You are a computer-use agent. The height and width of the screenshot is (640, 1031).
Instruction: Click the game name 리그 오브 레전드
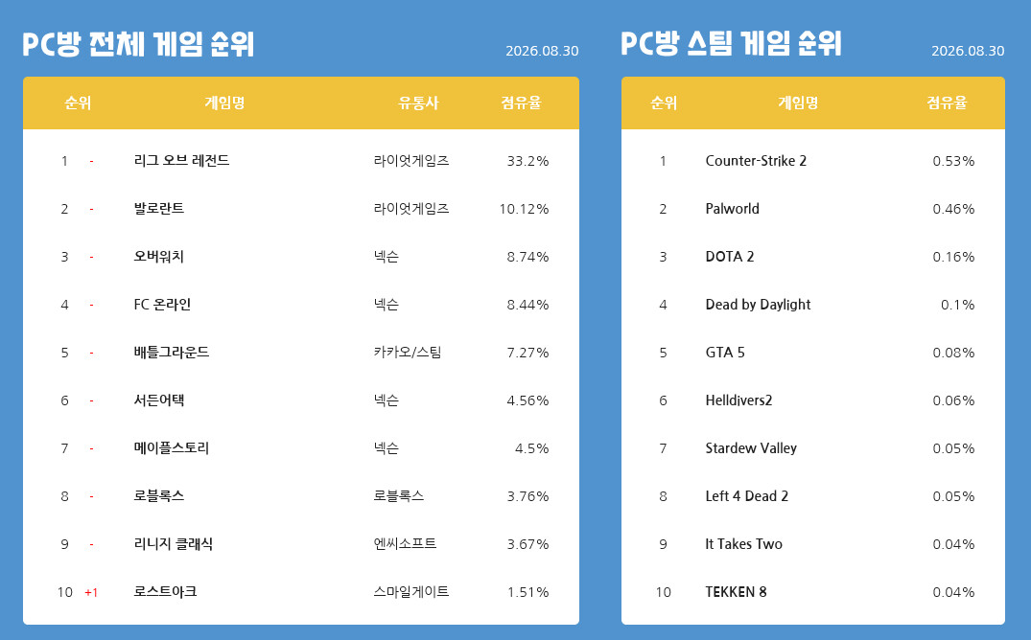pyautogui.click(x=181, y=160)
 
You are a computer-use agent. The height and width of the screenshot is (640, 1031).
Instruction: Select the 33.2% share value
pyautogui.click(x=527, y=161)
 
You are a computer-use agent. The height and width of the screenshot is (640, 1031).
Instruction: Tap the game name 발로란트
pyautogui.click(x=158, y=208)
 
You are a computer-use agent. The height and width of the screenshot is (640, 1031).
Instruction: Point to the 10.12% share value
pyautogui.click(x=524, y=209)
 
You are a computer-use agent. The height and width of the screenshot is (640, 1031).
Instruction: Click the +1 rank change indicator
pyautogui.click(x=91, y=593)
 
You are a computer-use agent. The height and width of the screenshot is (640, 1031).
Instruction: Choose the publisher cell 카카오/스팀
pyautogui.click(x=407, y=353)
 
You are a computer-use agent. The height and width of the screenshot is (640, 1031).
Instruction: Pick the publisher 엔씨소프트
pyautogui.click(x=405, y=543)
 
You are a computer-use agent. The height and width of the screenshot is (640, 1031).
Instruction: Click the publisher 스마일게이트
pyautogui.click(x=410, y=591)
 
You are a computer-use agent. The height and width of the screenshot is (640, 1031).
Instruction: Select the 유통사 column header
pyautogui.click(x=418, y=103)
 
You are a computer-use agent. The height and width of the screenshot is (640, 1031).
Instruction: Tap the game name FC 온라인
pyautogui.click(x=162, y=305)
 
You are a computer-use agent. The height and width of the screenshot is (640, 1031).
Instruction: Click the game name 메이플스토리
pyautogui.click(x=171, y=448)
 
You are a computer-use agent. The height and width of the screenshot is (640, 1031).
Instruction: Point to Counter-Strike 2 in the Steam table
pyautogui.click(x=756, y=161)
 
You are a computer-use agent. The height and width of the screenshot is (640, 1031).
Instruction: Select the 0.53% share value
pyautogui.click(x=953, y=161)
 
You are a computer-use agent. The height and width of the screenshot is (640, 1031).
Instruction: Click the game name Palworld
pyautogui.click(x=732, y=209)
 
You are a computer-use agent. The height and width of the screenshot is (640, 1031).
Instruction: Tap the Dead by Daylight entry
pyautogui.click(x=758, y=305)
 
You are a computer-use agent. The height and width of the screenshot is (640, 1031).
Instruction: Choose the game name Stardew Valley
pyautogui.click(x=751, y=448)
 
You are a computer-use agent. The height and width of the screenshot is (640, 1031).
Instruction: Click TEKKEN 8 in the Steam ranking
pyautogui.click(x=736, y=592)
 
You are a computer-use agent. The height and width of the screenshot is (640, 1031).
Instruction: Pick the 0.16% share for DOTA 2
pyautogui.click(x=953, y=257)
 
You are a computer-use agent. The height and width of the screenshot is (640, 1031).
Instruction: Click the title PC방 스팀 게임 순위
pyautogui.click(x=731, y=43)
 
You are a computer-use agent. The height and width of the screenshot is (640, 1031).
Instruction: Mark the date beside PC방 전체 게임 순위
pyautogui.click(x=542, y=51)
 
